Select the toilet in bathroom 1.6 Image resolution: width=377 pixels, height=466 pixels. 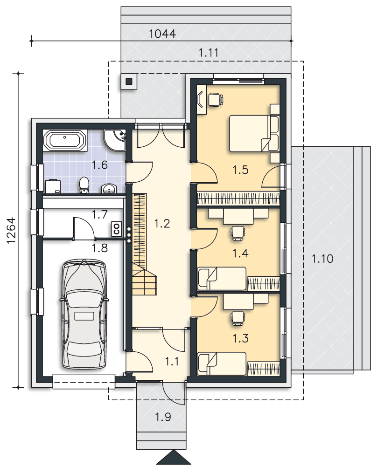tap(84, 185)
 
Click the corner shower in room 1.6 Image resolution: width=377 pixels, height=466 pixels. tap(115, 140)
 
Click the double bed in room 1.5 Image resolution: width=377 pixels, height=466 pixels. tap(254, 134)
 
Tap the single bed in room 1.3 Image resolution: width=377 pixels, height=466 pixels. tap(222, 363)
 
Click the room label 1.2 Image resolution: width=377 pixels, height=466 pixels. tap(162, 223)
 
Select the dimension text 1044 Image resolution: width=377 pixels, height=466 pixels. tap(162, 34)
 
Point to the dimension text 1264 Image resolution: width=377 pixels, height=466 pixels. tap(11, 231)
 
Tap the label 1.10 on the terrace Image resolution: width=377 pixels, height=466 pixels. tap(322, 259)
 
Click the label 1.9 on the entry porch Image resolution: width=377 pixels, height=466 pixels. tap(163, 417)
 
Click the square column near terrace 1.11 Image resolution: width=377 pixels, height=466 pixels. tap(129, 81)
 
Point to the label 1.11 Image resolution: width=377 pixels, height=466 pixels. tap(209, 53)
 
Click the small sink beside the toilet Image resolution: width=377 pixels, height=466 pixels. tap(109, 189)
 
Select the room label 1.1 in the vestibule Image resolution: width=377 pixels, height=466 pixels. tap(172, 362)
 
